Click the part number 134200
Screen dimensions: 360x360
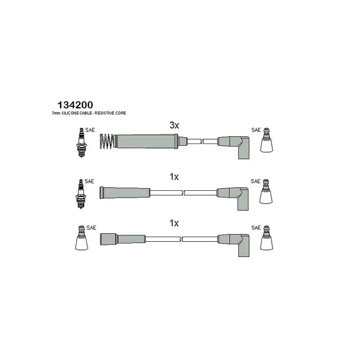point(75,105)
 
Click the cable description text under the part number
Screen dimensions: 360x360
point(89,113)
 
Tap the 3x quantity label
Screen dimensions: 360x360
point(174,126)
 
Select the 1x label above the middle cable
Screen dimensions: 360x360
point(174,177)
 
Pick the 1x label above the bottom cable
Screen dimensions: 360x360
point(174,223)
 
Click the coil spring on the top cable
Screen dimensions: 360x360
point(107,141)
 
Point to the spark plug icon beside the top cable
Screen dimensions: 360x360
point(81,143)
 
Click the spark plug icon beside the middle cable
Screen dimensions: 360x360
point(81,194)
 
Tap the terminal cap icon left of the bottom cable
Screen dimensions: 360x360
point(81,238)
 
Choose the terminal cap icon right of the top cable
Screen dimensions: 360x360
point(266,140)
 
